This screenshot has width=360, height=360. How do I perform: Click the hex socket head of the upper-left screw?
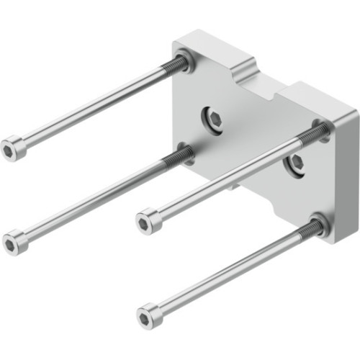(12, 148)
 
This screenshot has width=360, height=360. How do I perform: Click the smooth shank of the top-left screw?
(94, 107)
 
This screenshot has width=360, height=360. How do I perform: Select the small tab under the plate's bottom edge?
(234, 189)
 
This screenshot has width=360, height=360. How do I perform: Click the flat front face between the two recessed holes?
(252, 144)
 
